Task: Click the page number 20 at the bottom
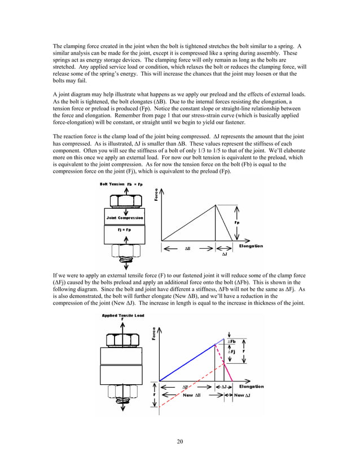[x=179, y=441]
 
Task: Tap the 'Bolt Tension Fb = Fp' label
[x=121, y=184]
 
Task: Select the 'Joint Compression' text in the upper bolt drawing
[x=125, y=217]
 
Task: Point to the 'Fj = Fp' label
[x=125, y=230]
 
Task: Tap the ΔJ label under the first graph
[x=224, y=254]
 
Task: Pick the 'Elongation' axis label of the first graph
[x=251, y=246]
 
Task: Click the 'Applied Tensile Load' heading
[x=123, y=315]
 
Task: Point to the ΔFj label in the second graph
[x=231, y=351]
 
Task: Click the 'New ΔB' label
[x=191, y=395]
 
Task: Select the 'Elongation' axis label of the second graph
[x=252, y=386]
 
